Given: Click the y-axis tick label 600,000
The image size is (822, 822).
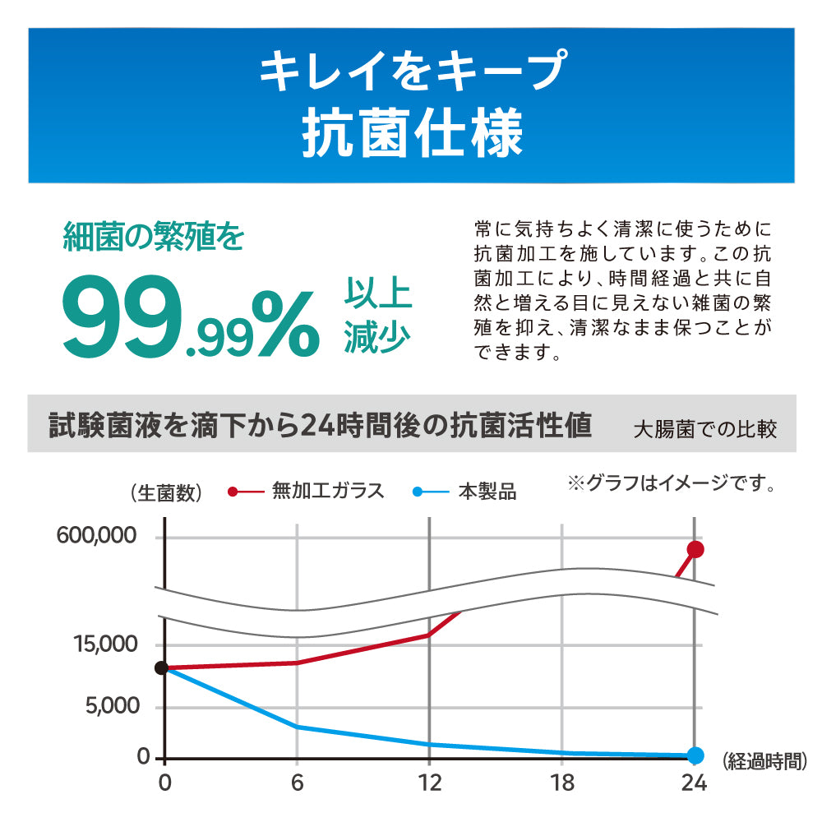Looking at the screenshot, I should point(96,536).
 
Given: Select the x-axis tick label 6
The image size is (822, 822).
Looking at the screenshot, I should point(297,782).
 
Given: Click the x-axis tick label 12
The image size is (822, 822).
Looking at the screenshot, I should point(428,782).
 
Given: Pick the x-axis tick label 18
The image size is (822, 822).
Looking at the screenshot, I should point(562,782).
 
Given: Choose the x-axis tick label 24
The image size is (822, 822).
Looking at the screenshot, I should point(695,782).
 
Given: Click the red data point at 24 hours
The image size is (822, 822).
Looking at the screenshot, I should point(695,549).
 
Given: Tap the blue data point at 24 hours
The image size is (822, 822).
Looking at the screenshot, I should point(695,755).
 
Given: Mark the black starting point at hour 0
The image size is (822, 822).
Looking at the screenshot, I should point(162,668).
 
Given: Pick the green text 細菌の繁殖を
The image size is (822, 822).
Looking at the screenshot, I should point(154,237).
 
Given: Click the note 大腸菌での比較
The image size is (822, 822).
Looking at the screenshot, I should point(704,429).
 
